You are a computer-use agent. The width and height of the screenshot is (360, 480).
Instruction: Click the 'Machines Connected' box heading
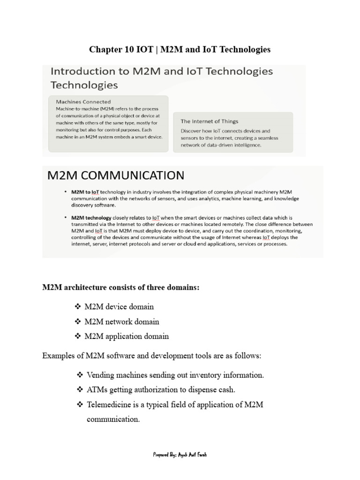pos(83,101)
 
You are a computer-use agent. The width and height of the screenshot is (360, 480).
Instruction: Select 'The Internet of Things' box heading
pos(210,121)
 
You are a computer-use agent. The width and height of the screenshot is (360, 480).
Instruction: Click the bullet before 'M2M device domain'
pos(78,307)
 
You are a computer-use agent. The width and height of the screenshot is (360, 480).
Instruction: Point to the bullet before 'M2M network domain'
pos(78,322)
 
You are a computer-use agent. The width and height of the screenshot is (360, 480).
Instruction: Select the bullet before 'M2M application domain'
pos(78,336)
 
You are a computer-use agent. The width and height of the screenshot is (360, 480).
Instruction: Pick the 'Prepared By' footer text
pos(180,455)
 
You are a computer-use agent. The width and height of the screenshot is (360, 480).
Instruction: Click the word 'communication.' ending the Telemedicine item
pos(113,419)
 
